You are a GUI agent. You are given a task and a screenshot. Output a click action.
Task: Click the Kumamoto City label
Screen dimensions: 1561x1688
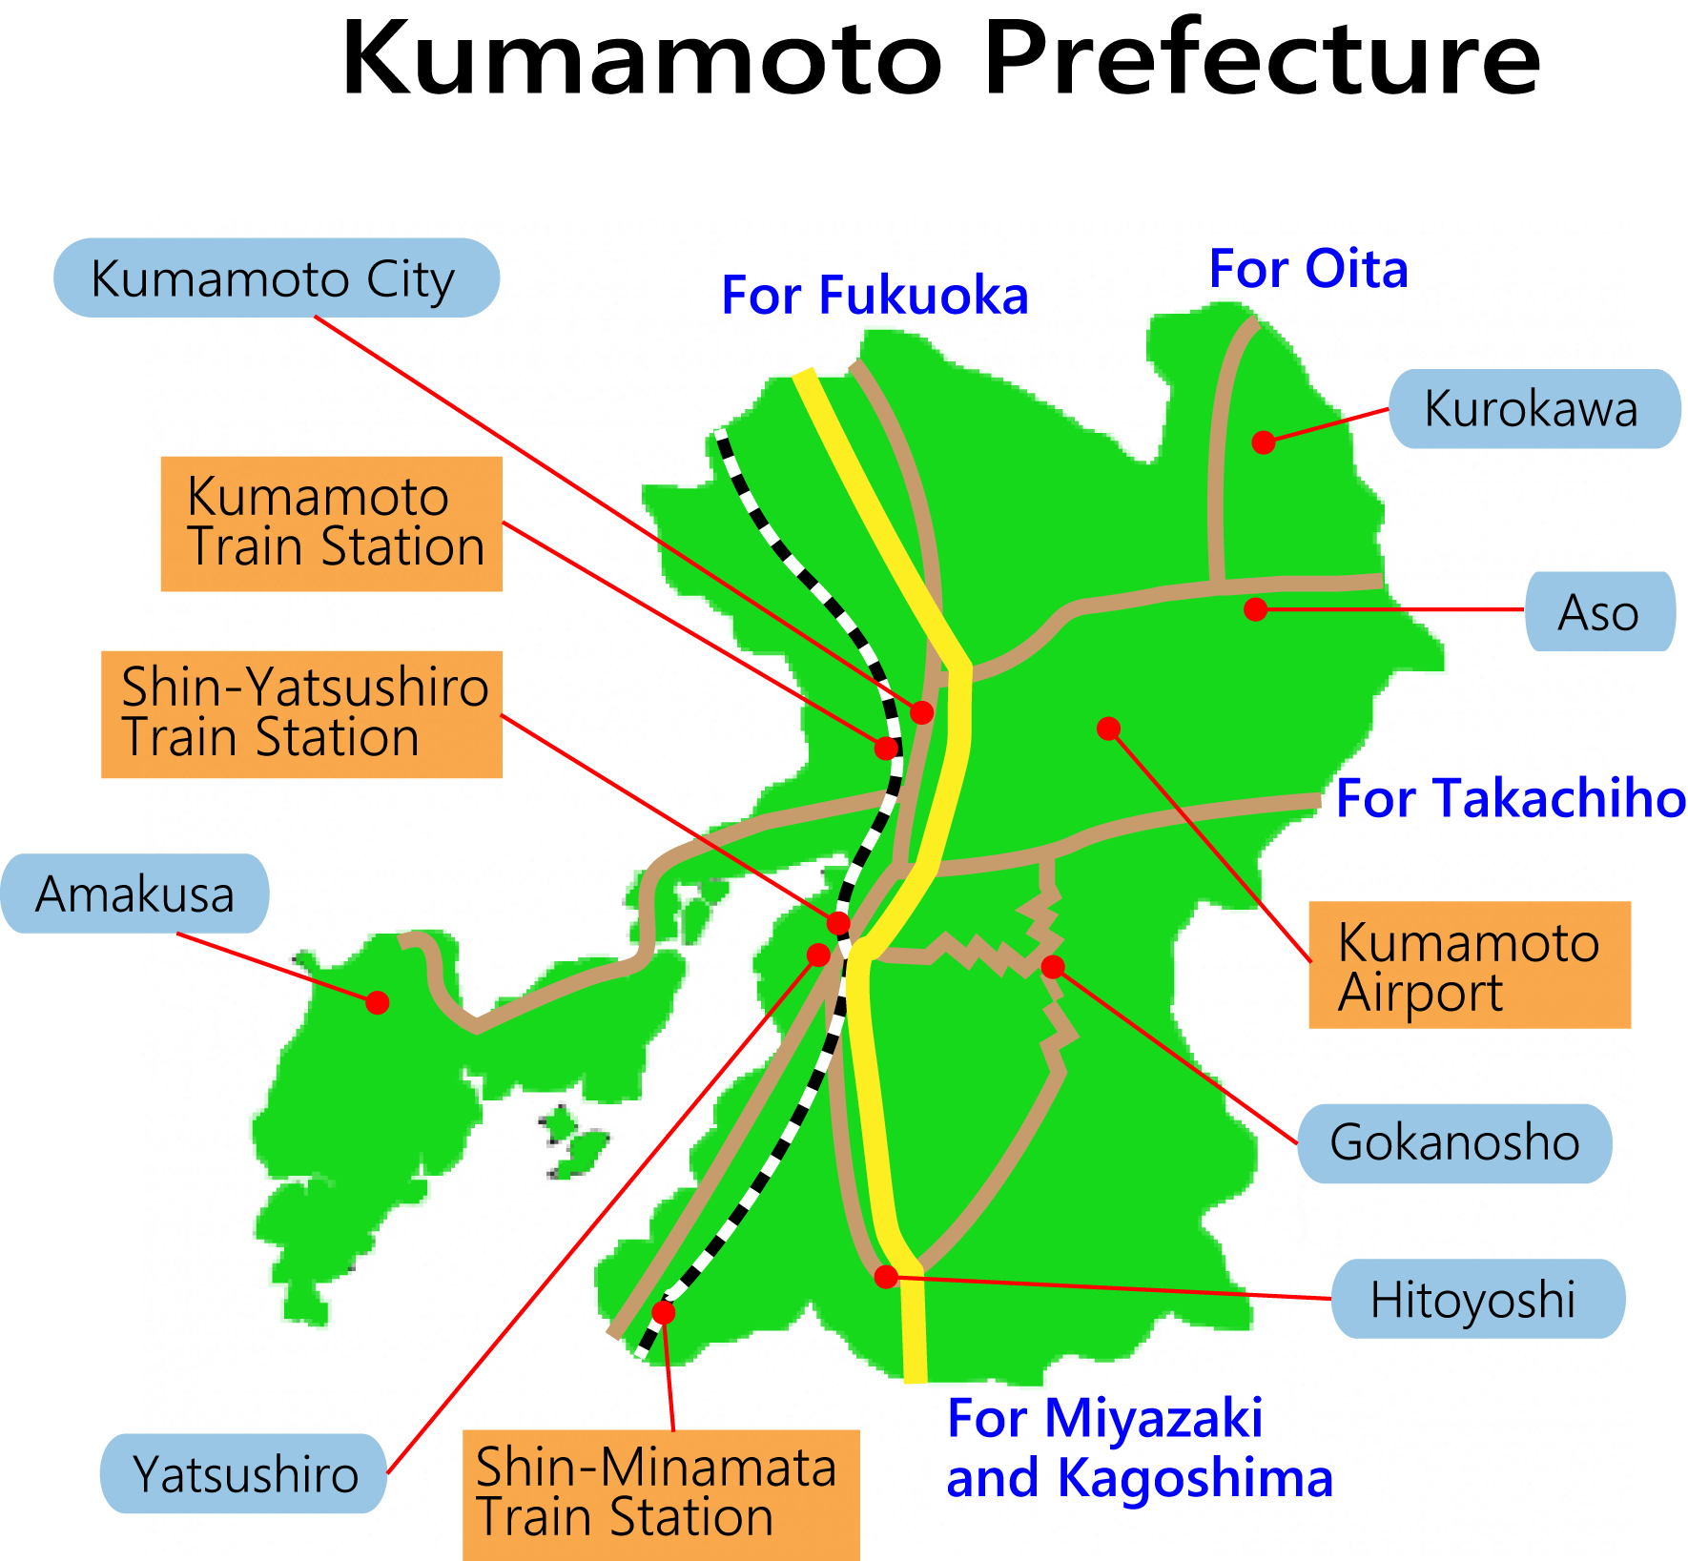click(x=276, y=277)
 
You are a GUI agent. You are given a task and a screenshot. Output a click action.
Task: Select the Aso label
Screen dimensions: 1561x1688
click(x=1599, y=611)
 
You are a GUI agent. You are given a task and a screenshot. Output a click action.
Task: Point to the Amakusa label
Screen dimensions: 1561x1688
click(x=135, y=893)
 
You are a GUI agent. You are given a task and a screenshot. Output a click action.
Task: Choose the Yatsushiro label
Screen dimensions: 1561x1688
click(x=244, y=1473)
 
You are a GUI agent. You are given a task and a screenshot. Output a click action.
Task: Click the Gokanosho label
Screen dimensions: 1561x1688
click(x=1454, y=1143)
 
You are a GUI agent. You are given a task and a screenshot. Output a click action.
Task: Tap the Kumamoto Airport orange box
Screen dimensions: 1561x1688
click(x=1470, y=965)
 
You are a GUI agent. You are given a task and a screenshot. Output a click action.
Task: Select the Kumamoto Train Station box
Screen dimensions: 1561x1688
click(x=332, y=524)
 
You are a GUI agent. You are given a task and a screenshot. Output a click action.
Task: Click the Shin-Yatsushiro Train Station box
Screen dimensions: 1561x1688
click(x=302, y=714)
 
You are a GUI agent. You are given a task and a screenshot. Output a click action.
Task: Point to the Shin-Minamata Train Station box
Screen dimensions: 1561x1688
click(x=661, y=1493)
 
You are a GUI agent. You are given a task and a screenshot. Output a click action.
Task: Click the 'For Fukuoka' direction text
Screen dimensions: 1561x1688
click(x=875, y=295)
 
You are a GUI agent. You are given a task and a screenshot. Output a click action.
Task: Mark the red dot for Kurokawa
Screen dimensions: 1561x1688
click(x=1264, y=442)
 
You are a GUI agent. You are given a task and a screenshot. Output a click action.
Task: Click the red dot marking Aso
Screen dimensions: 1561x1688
click(x=1256, y=609)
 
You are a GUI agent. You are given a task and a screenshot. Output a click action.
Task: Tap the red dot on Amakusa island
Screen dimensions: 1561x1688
click(x=378, y=1002)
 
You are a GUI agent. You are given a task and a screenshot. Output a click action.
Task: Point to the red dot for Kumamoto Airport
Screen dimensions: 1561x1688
click(x=1108, y=729)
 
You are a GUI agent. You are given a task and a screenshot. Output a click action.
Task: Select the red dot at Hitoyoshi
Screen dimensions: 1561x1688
click(x=886, y=1277)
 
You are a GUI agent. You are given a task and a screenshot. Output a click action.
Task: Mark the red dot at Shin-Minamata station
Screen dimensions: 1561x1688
click(x=664, y=1312)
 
